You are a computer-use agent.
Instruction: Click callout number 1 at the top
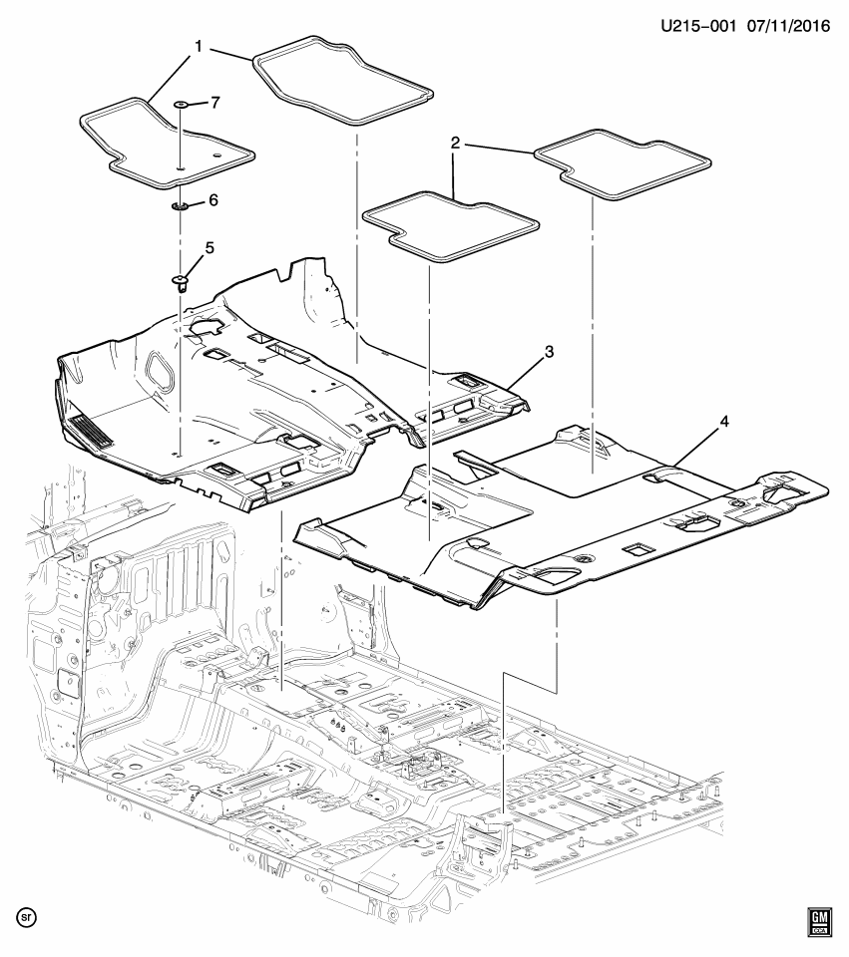199,47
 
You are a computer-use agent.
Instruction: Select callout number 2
455,144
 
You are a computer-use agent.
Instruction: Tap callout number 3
549,352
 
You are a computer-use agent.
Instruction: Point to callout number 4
724,421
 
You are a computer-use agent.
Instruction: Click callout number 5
210,248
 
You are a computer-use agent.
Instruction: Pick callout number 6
213,200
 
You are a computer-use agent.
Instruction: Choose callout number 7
215,103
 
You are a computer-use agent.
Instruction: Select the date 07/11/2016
788,26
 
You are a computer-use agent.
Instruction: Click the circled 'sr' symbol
27,917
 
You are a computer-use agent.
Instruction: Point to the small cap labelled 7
182,105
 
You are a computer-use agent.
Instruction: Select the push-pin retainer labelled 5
180,282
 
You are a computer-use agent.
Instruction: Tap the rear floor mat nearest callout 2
450,227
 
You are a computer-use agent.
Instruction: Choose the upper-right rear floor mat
623,163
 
